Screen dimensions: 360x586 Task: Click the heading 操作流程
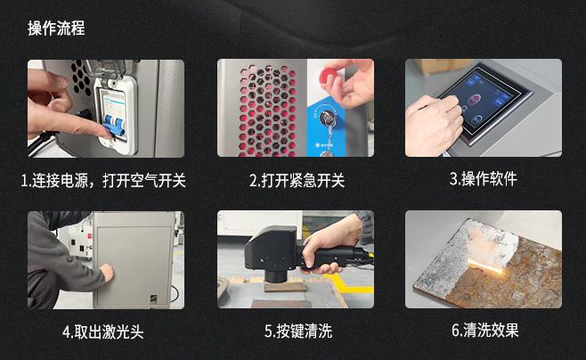pyautogui.click(x=56, y=29)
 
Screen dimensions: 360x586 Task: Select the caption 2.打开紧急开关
pyautogui.click(x=296, y=181)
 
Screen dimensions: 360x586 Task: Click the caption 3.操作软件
pyautogui.click(x=483, y=178)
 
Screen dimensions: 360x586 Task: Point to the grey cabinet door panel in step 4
pyautogui.click(x=134, y=263)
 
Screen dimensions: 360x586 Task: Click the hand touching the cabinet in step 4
pyautogui.click(x=106, y=270)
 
